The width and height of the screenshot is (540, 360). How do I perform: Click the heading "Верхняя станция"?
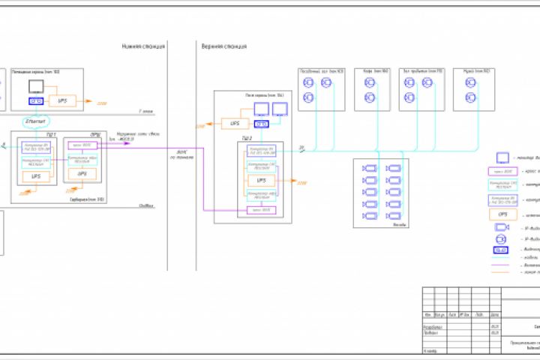click(x=223, y=46)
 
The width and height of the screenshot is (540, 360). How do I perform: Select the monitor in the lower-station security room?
click(x=35, y=87)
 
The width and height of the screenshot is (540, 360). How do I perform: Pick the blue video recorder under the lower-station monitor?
click(x=36, y=100)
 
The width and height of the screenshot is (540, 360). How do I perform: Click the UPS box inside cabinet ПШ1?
click(x=35, y=175)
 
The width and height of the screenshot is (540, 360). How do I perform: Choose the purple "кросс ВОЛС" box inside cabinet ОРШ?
click(x=82, y=145)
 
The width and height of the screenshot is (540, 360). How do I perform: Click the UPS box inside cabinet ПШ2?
click(x=262, y=181)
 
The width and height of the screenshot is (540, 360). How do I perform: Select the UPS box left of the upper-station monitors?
click(x=235, y=123)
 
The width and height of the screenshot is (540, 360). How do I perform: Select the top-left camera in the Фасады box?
click(x=369, y=169)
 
